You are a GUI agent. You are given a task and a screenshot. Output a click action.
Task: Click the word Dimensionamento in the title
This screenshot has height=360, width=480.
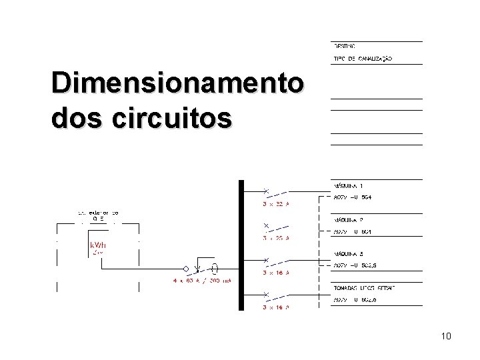pos(178,85)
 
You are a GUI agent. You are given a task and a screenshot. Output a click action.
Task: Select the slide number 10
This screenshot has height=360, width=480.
pos(445,336)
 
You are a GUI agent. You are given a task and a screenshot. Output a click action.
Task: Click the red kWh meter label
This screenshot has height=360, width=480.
pos(98,245)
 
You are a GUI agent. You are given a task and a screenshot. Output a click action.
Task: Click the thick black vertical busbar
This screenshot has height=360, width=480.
pos(241,245)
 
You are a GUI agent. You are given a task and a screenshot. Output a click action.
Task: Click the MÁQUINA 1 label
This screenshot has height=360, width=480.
pos(348,185)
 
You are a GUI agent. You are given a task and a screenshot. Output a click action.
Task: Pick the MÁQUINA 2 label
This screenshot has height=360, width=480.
pos(348,220)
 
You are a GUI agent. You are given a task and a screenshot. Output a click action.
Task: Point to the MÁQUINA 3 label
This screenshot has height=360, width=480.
pos(348,255)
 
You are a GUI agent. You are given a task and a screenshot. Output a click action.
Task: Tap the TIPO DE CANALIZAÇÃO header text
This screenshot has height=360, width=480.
pos(363,59)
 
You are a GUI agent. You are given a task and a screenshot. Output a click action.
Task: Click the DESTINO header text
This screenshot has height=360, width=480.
pos(345,46)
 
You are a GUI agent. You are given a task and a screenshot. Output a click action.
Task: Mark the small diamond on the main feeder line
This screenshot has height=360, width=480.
pos(196,270)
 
